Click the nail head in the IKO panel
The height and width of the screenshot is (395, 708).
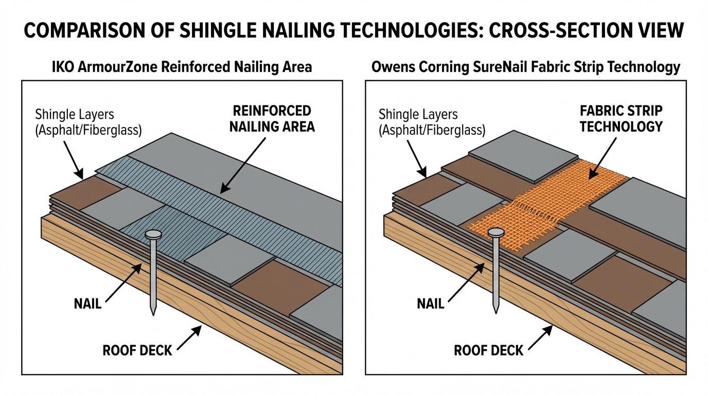pyautogui.click(x=153, y=235)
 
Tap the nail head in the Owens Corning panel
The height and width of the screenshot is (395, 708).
pyautogui.click(x=495, y=233)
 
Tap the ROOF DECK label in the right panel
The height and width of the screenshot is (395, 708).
pyautogui.click(x=488, y=351)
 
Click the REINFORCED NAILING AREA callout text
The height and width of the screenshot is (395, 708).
pyautogui.click(x=272, y=119)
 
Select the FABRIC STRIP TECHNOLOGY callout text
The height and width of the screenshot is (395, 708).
pyautogui.click(x=621, y=119)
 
